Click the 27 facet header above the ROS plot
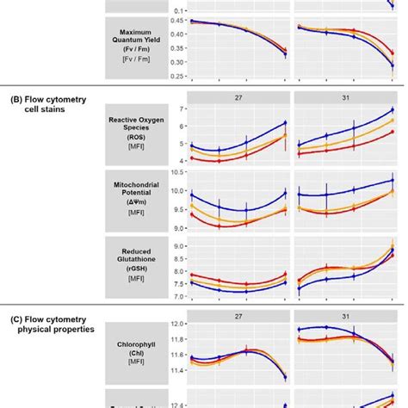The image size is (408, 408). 237,97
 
